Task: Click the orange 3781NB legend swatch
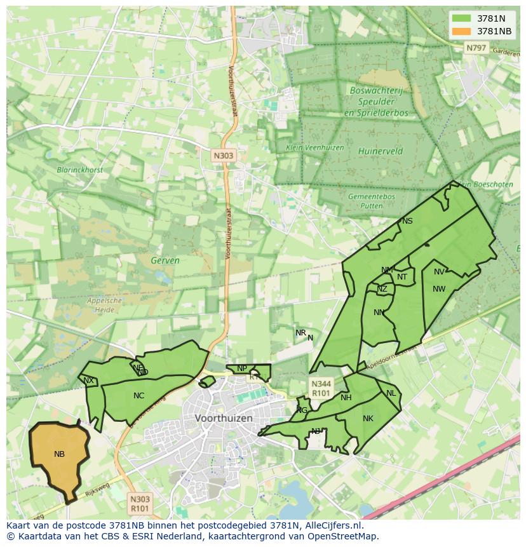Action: pos(462,31)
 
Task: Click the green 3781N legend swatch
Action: pos(462,18)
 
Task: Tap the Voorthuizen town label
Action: pos(224,418)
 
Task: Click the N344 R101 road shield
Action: pos(320,388)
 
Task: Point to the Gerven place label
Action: pos(165,260)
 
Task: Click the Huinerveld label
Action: pos(381,151)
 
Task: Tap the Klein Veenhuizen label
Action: pos(314,147)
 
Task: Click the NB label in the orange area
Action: pos(59,454)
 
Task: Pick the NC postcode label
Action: pos(138,396)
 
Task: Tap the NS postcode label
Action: pos(407,221)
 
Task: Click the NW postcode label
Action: pos(439,289)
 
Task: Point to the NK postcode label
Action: pos(368,418)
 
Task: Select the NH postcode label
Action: pos(346,398)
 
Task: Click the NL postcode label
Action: pos(391,393)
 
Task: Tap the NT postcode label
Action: pos(402,277)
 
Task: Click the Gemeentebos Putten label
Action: pos(372,201)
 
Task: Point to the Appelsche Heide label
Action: pos(104,305)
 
